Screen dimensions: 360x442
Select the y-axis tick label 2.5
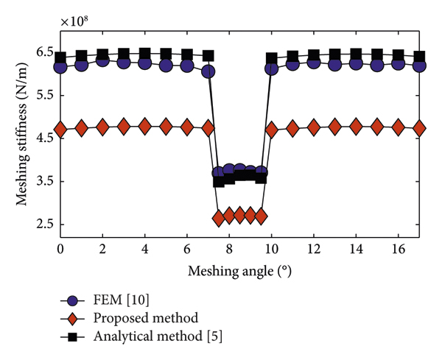43,225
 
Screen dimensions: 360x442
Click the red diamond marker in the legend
71,318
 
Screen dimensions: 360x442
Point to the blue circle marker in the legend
71,300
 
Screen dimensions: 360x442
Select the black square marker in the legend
71,336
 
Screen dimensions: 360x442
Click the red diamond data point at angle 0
60,129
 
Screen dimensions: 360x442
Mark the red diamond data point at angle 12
314,127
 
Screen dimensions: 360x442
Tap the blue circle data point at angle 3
124,63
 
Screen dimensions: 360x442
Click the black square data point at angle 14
356,54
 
